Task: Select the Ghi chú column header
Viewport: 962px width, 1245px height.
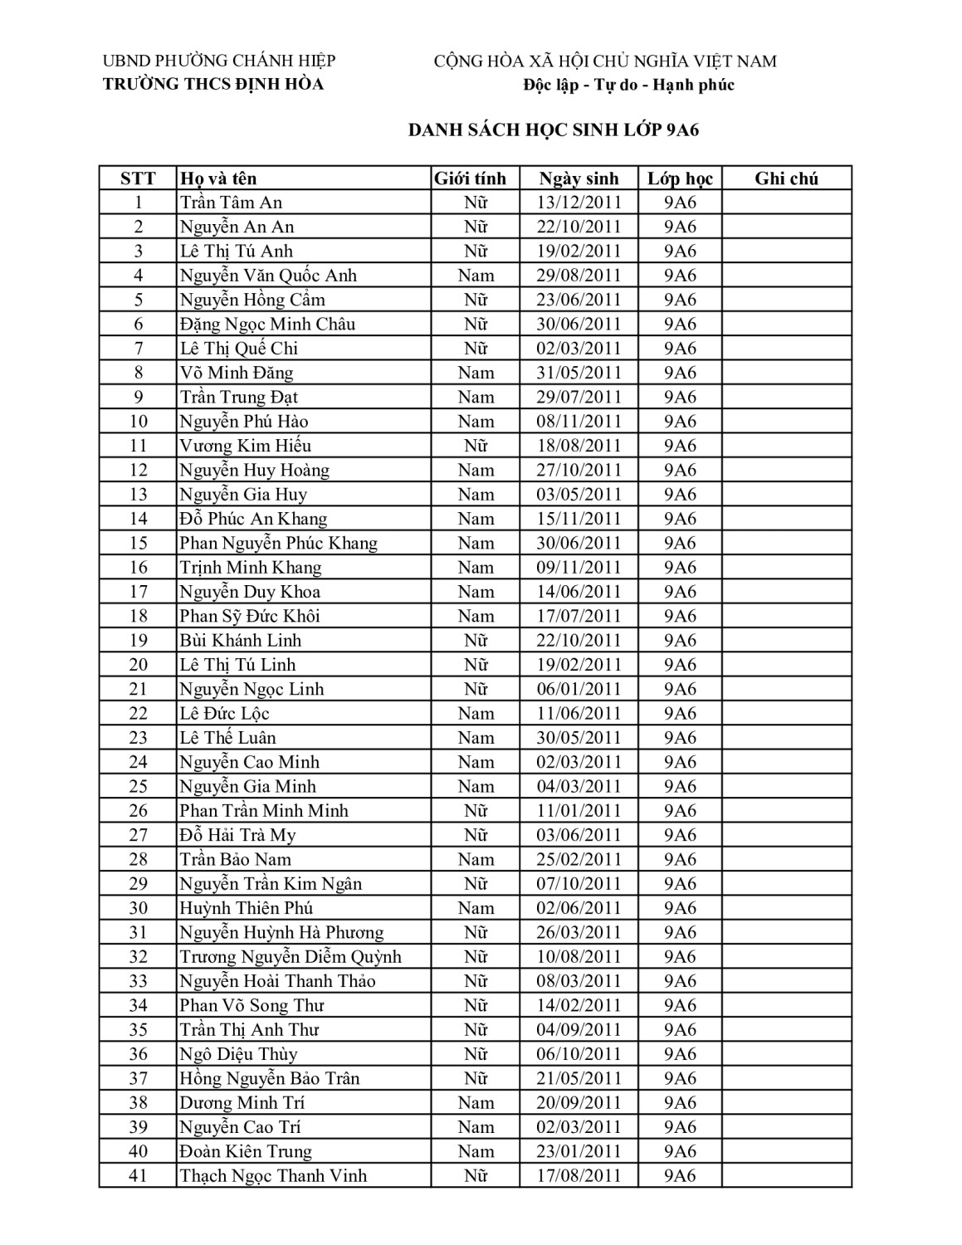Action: tap(786, 178)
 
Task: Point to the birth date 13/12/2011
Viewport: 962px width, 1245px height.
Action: tap(579, 203)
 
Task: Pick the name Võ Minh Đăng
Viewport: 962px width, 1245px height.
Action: tap(237, 373)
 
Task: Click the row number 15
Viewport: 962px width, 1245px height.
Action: tap(138, 543)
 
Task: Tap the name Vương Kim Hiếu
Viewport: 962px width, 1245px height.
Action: tap(246, 446)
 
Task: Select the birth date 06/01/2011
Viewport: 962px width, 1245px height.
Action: tap(579, 689)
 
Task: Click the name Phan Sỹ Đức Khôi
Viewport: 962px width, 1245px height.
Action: tap(250, 616)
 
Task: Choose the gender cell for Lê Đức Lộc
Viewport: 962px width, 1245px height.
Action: tap(476, 713)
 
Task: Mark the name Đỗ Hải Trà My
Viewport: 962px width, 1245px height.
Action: tap(237, 835)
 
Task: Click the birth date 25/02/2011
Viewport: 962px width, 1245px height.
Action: tap(579, 859)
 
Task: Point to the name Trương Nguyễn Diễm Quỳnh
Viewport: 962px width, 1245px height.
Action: tap(291, 956)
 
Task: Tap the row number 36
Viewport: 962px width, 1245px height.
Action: tap(138, 1054)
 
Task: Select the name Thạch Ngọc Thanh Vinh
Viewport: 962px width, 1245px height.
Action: tap(273, 1175)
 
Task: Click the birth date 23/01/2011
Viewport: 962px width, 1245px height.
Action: tap(579, 1151)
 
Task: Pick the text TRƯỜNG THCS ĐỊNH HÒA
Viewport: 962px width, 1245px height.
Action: tap(213, 84)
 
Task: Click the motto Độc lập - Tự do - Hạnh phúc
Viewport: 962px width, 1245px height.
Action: tap(628, 85)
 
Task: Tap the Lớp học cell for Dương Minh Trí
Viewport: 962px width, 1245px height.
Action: tap(680, 1102)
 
